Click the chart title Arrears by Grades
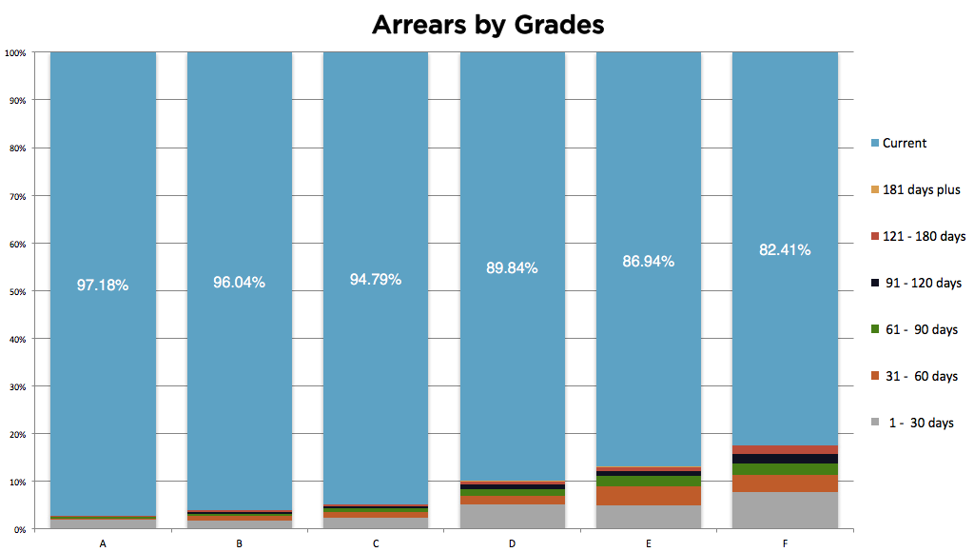487,25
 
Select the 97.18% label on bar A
103,285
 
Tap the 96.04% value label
239,283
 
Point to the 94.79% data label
375,279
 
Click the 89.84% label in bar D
512,267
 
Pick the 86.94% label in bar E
648,261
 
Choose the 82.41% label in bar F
784,250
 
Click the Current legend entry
904,143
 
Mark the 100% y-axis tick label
14,52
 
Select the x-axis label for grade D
512,543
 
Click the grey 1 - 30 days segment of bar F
785,510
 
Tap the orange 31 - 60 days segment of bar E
648,496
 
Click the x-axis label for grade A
102,543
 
